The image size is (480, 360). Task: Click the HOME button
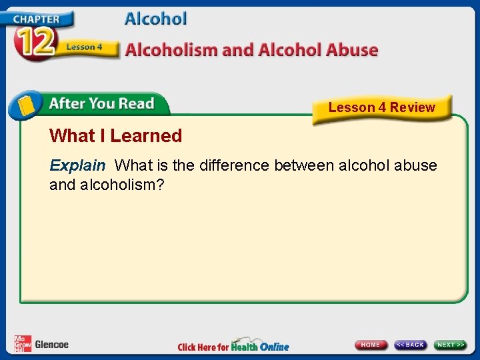point(371,345)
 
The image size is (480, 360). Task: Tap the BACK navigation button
point(410,345)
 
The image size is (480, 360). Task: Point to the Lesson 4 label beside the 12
point(84,47)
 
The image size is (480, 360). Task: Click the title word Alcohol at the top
point(155,19)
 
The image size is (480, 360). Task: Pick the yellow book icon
point(25,105)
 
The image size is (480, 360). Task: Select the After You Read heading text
point(101,103)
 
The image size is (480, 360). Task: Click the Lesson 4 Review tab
point(381,107)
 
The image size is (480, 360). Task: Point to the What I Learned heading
point(115,136)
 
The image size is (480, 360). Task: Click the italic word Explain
point(77,165)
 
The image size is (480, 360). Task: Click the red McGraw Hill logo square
point(22,343)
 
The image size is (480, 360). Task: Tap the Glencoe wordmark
point(51,344)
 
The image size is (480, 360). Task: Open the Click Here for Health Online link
point(233,346)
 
